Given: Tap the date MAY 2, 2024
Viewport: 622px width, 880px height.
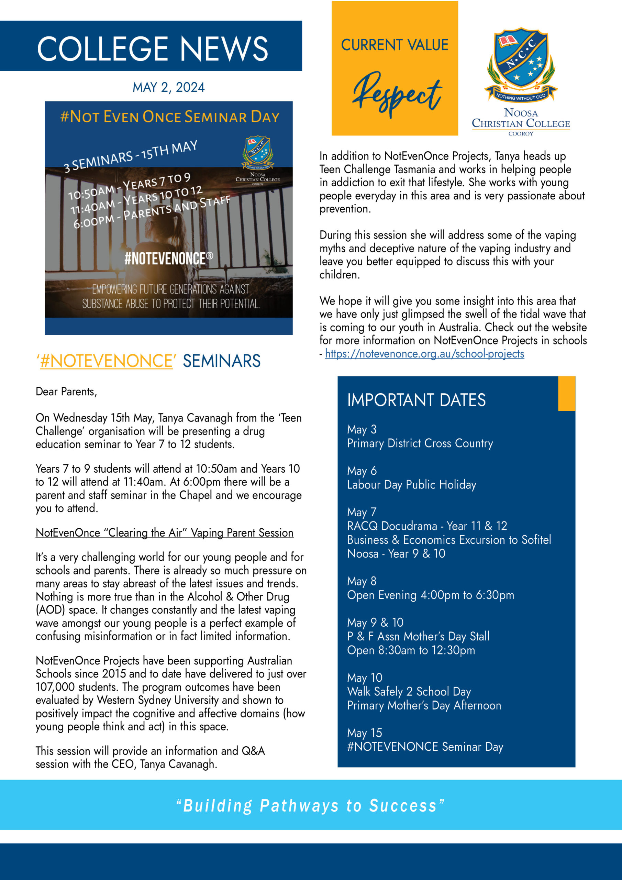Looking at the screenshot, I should pyautogui.click(x=168, y=87).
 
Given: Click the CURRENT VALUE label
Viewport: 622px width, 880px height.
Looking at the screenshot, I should pyautogui.click(x=395, y=45).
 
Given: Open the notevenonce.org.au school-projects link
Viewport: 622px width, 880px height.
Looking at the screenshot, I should pyautogui.click(x=424, y=353).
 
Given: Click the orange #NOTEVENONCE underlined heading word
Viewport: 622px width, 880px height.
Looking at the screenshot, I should pyautogui.click(x=106, y=361).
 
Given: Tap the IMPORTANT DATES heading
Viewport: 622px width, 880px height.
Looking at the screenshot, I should pyautogui.click(x=416, y=400).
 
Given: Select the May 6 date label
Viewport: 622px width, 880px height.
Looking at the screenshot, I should pyautogui.click(x=362, y=471).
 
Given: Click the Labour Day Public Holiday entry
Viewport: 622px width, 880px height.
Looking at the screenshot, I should pyautogui.click(x=411, y=485).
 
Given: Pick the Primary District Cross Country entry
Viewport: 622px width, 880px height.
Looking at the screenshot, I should pyautogui.click(x=420, y=443).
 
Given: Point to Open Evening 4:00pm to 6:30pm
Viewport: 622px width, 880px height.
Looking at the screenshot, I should pyautogui.click(x=430, y=595).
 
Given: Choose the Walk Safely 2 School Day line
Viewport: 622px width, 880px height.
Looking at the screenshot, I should pyautogui.click(x=409, y=692).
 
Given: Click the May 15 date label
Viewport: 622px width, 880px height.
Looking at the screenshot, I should pyautogui.click(x=365, y=733).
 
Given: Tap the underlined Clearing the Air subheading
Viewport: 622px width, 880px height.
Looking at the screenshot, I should pyautogui.click(x=164, y=533).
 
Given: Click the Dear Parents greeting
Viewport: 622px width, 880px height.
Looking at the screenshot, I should pyautogui.click(x=66, y=392).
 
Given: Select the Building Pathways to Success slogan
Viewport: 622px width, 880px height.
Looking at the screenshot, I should pyautogui.click(x=310, y=806).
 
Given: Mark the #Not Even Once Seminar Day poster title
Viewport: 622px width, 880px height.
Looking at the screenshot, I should pyautogui.click(x=170, y=117).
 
